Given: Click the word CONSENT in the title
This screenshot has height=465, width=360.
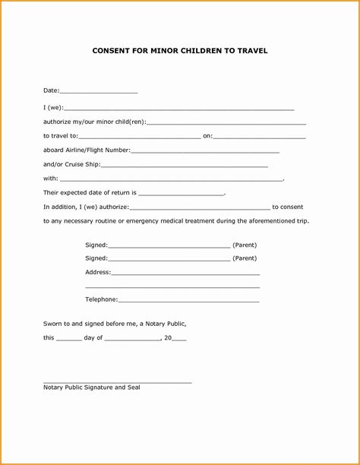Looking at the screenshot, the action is pyautogui.click(x=115, y=52).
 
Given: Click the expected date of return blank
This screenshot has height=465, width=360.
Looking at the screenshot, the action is pyautogui.click(x=182, y=194).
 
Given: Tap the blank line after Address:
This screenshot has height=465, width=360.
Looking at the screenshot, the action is pyautogui.click(x=185, y=273).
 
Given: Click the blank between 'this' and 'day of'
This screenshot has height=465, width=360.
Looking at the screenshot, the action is pyautogui.click(x=69, y=338).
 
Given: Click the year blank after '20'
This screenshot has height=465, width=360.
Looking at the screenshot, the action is pyautogui.click(x=180, y=338).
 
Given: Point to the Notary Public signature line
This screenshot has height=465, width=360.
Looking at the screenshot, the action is pyautogui.click(x=117, y=381).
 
